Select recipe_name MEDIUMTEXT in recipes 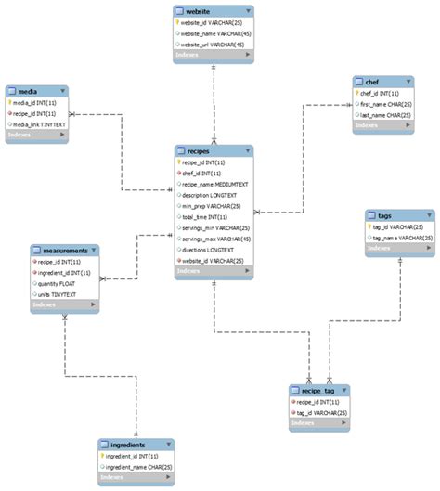(215, 184)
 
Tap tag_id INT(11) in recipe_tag (316, 413)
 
